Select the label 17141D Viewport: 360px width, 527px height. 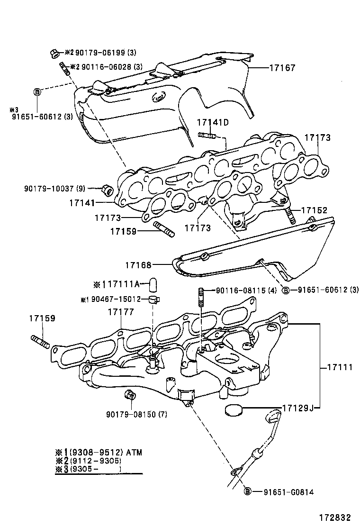click(213, 123)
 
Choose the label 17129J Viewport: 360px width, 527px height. click(299, 408)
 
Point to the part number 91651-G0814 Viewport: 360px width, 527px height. click(288, 492)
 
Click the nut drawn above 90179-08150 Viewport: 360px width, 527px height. click(129, 395)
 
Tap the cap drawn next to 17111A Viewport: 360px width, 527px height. click(153, 284)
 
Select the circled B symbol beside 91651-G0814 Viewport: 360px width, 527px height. click(247, 492)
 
